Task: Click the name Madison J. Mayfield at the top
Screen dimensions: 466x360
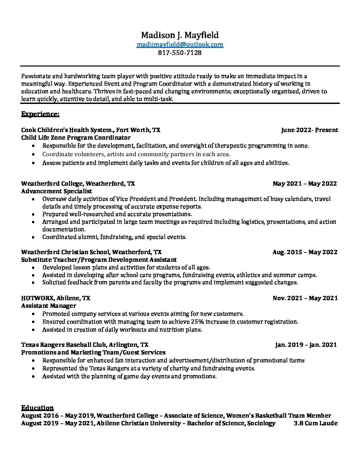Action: point(180,35)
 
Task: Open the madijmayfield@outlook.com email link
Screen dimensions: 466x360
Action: point(180,44)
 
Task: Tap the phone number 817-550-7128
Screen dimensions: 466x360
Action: point(180,53)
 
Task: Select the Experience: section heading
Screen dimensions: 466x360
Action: point(40,114)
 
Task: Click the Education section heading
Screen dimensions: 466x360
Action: point(37,408)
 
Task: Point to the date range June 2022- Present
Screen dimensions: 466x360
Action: point(309,130)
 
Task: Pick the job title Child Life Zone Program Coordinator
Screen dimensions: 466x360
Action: point(76,138)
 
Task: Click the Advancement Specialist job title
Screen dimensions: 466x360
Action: point(57,191)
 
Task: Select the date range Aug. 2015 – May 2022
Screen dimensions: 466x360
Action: point(305,252)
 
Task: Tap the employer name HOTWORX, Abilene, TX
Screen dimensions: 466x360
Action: point(56,298)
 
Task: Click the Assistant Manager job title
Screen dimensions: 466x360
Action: point(49,306)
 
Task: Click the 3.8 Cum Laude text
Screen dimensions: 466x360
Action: point(315,423)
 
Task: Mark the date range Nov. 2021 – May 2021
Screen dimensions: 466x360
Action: point(305,298)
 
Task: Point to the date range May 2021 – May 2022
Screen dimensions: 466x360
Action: point(305,184)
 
